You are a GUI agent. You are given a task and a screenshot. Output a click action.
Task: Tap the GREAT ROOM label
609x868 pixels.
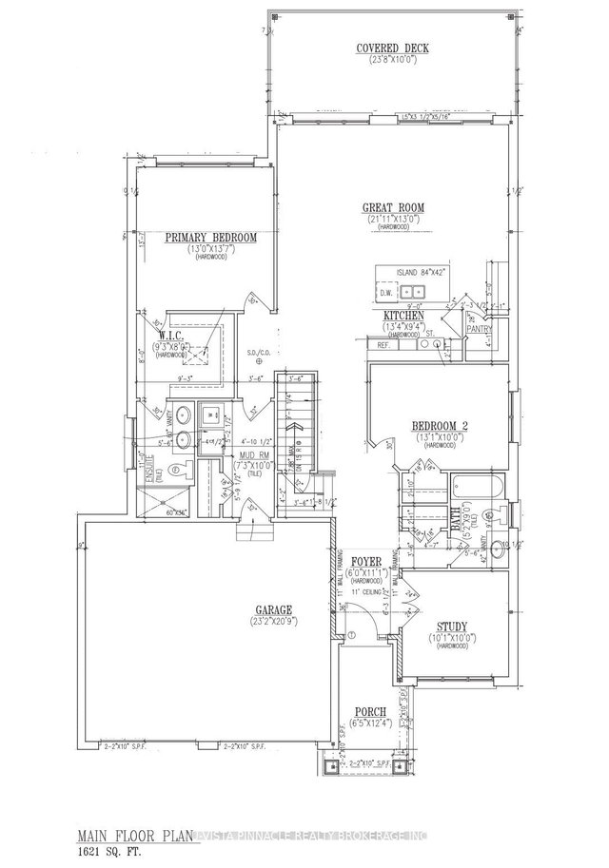coord(392,207)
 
